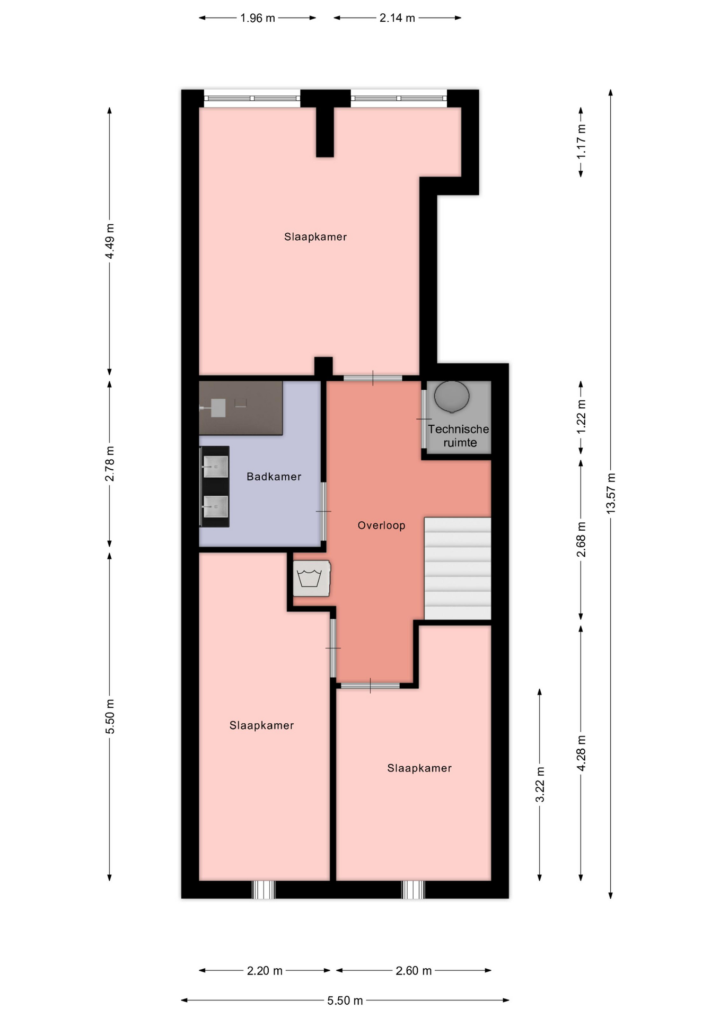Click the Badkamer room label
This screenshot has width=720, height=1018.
tap(274, 477)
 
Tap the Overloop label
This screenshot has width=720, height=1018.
tap(381, 525)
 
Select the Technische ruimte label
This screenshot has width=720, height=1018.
tap(459, 436)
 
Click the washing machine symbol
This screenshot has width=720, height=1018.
tap(311, 578)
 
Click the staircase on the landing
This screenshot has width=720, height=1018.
tap(458, 568)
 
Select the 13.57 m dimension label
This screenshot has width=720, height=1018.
tap(611, 493)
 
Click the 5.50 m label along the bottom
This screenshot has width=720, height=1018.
tap(345, 1001)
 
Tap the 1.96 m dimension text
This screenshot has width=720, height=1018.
tap(258, 18)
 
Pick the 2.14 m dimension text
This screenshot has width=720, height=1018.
tap(397, 18)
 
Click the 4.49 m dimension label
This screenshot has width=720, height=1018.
tap(110, 241)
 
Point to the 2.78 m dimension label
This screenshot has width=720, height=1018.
tap(110, 464)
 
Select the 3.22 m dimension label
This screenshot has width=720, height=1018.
tap(540, 785)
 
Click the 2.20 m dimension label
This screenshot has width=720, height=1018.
tap(265, 971)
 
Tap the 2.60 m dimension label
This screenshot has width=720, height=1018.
tap(414, 971)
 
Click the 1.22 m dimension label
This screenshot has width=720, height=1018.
tap(581, 417)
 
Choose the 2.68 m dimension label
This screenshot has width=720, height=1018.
tap(581, 540)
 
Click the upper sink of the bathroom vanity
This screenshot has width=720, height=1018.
tap(216, 467)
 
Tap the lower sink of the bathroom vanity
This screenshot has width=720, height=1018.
tap(216, 506)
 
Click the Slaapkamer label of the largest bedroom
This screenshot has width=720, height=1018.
tap(315, 237)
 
